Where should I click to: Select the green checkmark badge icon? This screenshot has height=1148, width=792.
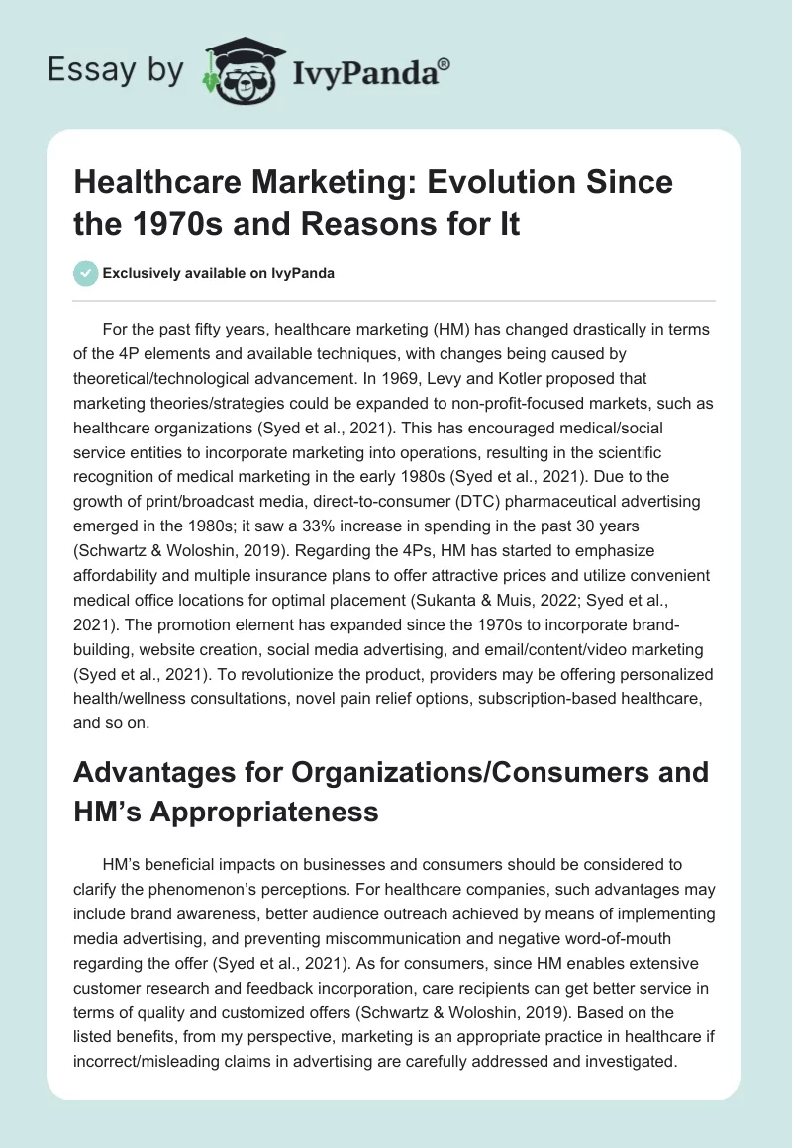(x=86, y=273)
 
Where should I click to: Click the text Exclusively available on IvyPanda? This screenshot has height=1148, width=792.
(x=219, y=273)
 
